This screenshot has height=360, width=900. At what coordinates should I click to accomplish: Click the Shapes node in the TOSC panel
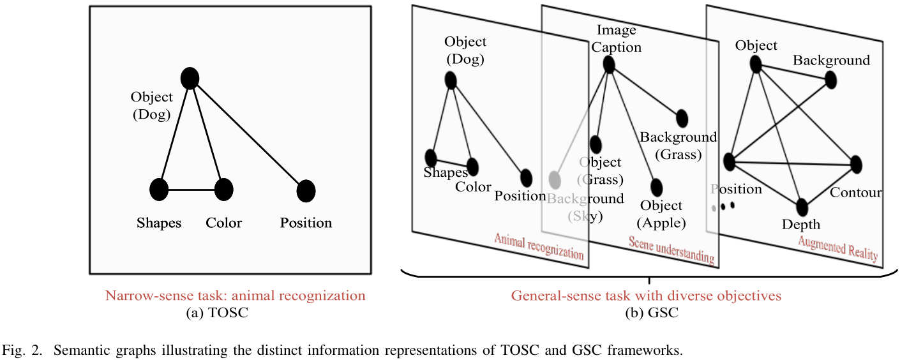159,190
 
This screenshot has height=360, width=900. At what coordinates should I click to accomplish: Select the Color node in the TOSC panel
223,190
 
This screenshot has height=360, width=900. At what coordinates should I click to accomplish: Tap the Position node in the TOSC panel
306,190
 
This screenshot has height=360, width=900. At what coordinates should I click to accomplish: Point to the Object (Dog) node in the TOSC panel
190,78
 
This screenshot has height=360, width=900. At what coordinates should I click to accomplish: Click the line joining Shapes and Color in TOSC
191,190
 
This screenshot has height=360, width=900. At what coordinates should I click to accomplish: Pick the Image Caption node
608,64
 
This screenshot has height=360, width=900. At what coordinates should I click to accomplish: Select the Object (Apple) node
656,187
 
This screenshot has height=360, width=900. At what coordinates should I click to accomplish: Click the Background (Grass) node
682,118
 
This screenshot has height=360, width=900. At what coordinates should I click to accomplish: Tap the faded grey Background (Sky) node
554,179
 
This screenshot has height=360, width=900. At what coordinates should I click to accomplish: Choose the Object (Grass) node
596,145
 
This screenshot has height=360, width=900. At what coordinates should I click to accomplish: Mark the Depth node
802,207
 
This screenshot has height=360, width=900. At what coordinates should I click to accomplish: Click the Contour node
856,164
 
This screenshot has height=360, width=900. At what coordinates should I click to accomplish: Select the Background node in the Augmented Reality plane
830,80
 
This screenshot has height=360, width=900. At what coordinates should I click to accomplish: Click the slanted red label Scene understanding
671,250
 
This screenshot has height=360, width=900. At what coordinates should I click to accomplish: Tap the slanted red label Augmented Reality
837,249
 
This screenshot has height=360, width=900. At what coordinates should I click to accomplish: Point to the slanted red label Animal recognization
539,246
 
